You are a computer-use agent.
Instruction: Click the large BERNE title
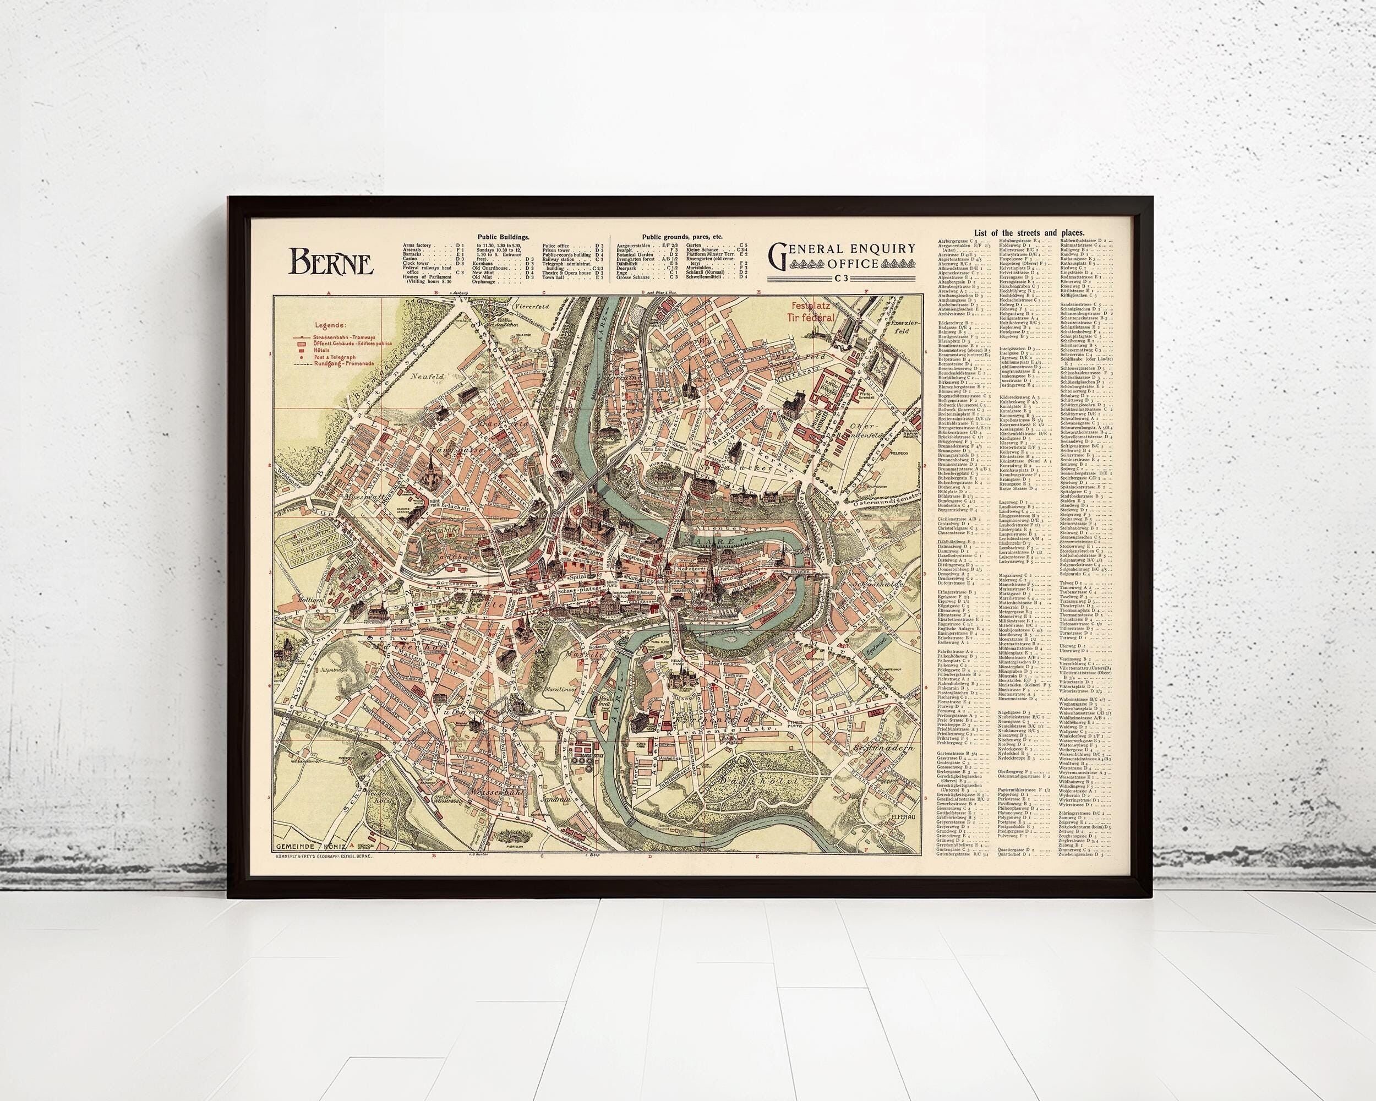pos(332,260)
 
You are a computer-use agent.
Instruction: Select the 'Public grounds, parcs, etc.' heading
pos(683,236)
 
